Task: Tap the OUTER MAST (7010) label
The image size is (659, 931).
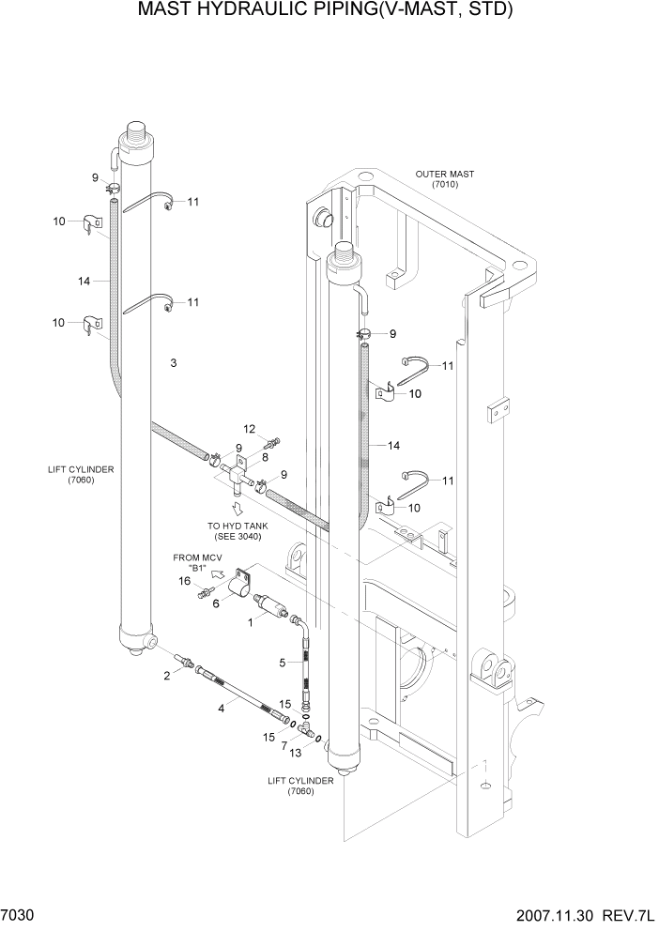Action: click(444, 179)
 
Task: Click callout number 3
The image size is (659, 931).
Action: click(174, 362)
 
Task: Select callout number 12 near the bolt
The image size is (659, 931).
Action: click(250, 428)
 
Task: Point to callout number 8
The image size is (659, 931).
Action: click(266, 457)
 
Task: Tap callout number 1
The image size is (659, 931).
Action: click(250, 621)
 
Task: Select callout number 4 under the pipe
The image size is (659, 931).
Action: click(222, 710)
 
